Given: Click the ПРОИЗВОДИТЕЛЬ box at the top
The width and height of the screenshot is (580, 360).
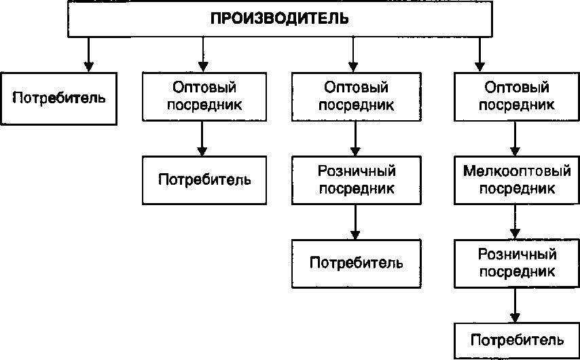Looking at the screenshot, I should pos(279,19).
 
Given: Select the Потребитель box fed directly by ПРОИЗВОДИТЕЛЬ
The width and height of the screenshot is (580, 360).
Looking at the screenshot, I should pos(60,97).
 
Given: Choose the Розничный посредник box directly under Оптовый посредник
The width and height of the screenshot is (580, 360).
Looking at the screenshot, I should pos(357,179).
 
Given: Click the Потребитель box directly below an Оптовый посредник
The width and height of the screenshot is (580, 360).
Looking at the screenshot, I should pos(205,180).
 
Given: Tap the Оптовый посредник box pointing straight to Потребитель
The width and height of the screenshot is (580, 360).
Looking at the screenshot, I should pos(205,97).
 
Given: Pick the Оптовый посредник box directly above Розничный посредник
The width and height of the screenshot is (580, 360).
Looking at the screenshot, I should pos(357,97).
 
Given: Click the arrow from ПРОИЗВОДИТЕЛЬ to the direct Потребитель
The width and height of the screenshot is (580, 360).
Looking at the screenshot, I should pos(88,54).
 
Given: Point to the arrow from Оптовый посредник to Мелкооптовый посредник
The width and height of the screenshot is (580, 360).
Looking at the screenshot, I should pos(516,140).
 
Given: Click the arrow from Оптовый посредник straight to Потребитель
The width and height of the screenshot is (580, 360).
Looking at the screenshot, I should pos(202,140).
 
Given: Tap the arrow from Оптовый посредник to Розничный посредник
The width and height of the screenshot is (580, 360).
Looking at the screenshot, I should pos(354,140).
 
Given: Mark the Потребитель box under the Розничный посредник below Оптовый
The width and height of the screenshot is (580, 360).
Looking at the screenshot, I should pos(357,262).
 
